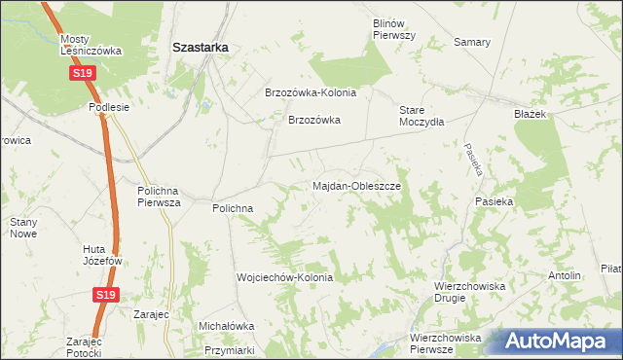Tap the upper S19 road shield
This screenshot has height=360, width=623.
83,74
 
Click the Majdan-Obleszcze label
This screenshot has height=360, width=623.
356,185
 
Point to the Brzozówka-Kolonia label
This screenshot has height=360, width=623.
311,93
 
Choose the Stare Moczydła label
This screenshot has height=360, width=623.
421,116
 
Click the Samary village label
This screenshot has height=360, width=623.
472,43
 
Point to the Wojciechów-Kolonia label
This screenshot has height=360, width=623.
285,277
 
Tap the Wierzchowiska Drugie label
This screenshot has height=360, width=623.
468,293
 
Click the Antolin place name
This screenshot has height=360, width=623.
565,275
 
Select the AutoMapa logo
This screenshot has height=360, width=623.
559,342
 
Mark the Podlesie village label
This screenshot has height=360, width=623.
109,107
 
